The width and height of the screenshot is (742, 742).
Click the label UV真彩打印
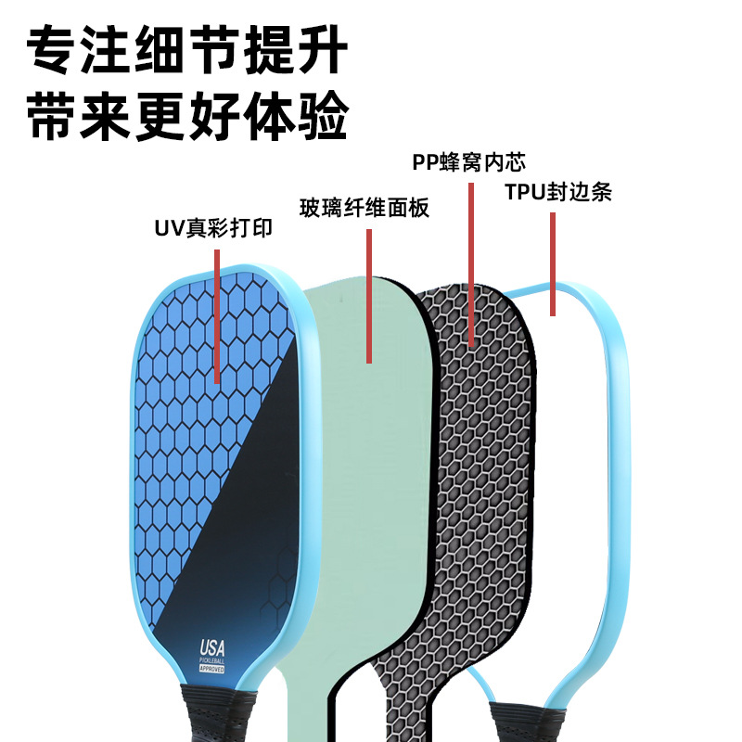click(213, 228)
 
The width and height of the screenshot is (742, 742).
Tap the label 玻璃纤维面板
click(365, 208)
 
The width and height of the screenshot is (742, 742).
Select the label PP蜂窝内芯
click(469, 163)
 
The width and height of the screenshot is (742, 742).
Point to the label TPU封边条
click(558, 193)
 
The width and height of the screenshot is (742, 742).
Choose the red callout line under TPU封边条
click(553, 263)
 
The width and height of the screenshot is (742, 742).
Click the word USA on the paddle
click(211, 646)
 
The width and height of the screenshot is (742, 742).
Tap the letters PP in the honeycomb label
click(425, 163)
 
